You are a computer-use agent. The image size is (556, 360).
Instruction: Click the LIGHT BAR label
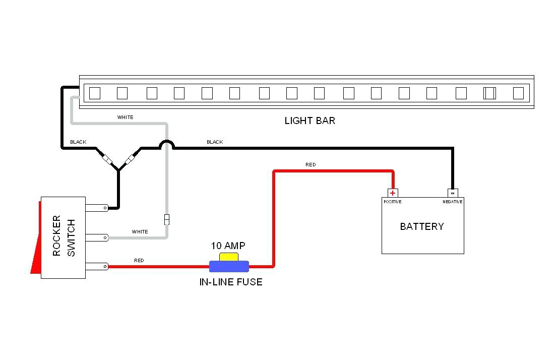(310, 121)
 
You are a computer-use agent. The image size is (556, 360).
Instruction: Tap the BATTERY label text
(422, 226)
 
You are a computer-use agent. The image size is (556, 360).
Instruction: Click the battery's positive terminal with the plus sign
(393, 193)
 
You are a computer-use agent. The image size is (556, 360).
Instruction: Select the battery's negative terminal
(453, 193)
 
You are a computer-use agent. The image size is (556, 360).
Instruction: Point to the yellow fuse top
(228, 257)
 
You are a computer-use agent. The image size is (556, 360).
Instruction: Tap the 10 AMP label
(228, 246)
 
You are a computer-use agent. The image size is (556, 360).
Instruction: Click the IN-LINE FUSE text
(231, 282)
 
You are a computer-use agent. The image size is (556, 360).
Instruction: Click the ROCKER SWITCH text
(64, 236)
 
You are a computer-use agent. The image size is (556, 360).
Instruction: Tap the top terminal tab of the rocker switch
(96, 207)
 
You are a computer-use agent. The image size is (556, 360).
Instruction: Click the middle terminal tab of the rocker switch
(96, 237)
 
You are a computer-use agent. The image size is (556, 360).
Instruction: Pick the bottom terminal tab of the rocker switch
(96, 266)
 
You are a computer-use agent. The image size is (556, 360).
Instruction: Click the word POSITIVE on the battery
(393, 202)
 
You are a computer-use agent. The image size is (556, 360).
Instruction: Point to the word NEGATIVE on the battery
(453, 202)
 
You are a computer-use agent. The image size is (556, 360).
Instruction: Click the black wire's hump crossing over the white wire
(167, 144)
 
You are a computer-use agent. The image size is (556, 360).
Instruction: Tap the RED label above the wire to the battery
(311, 165)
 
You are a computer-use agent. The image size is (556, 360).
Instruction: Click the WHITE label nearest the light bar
(126, 117)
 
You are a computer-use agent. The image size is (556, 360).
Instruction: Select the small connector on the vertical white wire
(167, 219)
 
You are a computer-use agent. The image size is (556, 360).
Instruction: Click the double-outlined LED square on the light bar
(489, 93)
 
